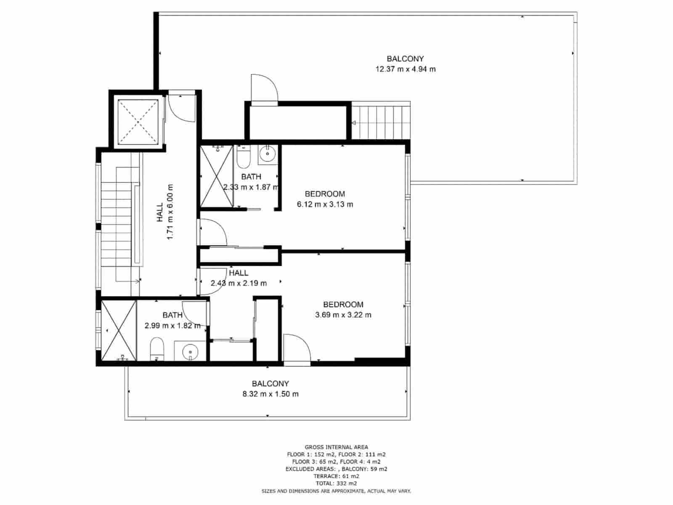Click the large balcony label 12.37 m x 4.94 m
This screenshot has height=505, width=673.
coord(405,69)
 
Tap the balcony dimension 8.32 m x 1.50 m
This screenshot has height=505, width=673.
coord(270,394)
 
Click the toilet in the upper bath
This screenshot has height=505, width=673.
coord(244,157)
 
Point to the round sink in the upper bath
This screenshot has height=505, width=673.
coord(267,154)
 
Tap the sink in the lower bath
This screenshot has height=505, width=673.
coord(190,351)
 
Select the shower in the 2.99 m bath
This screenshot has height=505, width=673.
coord(119,330)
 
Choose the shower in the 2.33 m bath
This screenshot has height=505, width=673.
coord(216,176)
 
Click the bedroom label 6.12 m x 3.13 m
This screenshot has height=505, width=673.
coord(325,205)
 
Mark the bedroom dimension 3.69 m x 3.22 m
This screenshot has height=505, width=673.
coord(343,315)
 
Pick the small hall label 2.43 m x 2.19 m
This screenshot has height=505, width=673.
coord(238,283)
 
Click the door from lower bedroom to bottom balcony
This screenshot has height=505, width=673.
coord(297,348)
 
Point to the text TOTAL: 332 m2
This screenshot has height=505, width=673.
coord(336,484)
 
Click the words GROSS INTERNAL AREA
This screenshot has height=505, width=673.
coord(336,447)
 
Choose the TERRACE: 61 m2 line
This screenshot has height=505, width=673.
coord(336,476)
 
